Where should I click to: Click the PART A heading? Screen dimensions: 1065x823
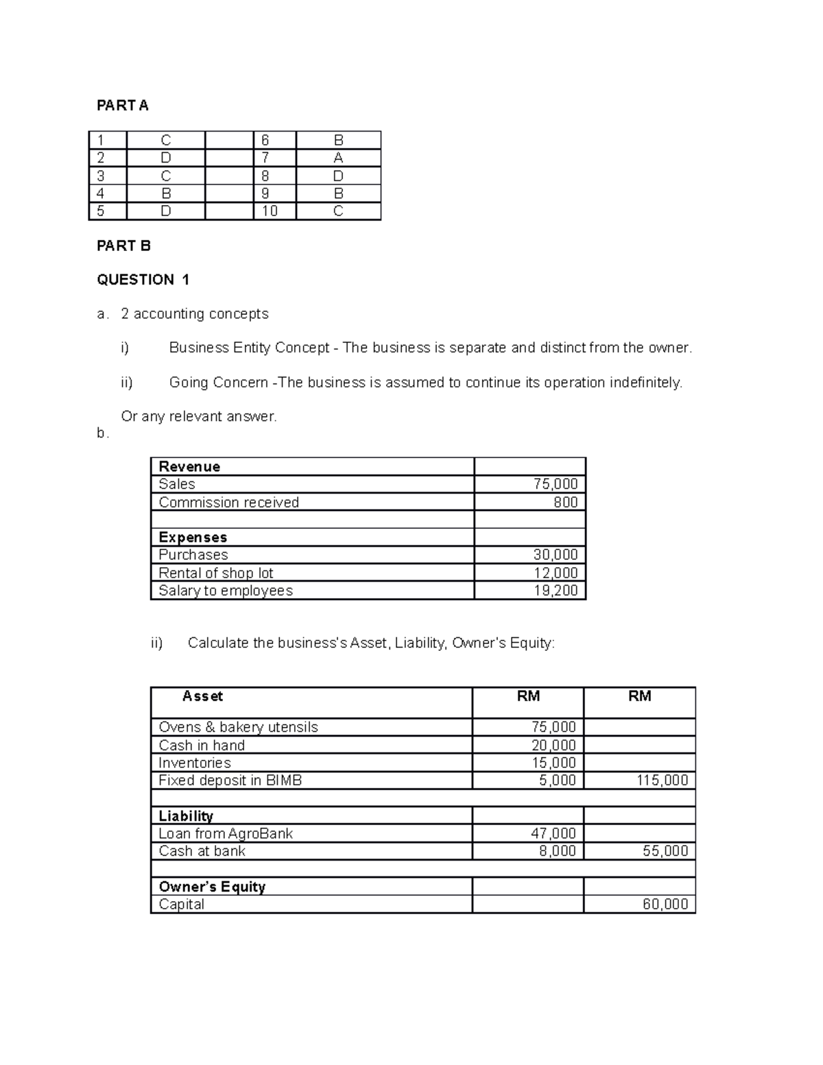click(122, 105)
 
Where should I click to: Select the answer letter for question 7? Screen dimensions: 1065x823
click(338, 158)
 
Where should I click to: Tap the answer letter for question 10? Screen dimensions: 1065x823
click(338, 211)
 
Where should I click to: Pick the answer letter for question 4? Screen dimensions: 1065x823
click(166, 193)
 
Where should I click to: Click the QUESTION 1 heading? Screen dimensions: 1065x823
click(143, 279)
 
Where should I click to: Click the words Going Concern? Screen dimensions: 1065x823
click(218, 383)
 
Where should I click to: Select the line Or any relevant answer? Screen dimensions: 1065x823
click(199, 416)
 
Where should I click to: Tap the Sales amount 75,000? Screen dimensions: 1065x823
click(556, 484)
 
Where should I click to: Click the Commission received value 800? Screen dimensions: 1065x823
click(565, 502)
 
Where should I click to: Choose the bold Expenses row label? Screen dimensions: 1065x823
click(193, 537)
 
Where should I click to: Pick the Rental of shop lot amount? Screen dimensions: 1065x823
click(556, 573)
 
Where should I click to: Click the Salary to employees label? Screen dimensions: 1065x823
click(226, 590)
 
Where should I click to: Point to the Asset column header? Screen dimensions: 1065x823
click(202, 696)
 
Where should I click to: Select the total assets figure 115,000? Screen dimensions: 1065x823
click(662, 780)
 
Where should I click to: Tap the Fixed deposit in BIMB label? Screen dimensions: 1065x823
click(230, 780)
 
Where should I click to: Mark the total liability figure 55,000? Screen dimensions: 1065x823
click(665, 851)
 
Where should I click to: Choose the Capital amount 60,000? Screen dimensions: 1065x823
click(665, 904)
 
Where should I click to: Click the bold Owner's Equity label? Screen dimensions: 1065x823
click(211, 887)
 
